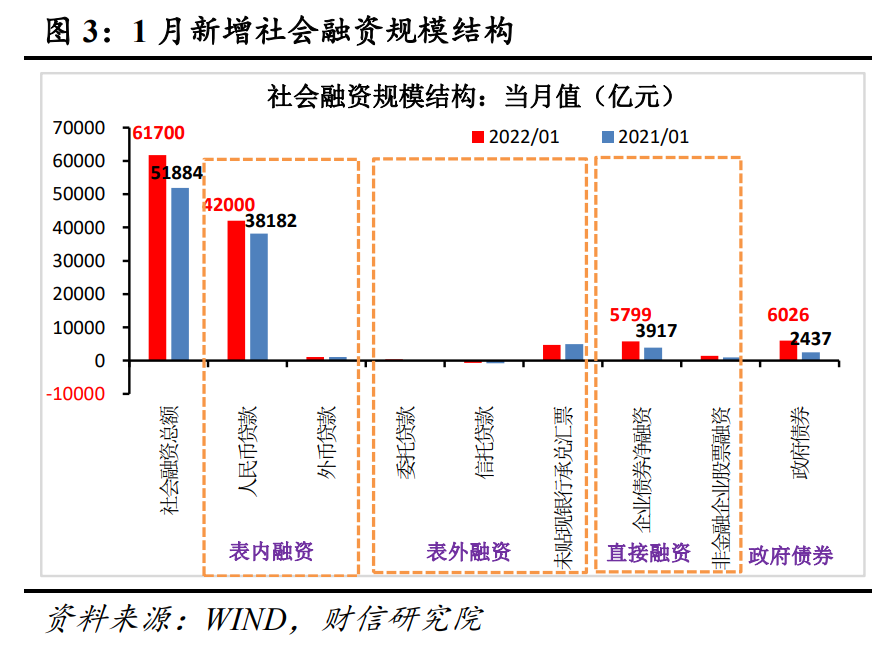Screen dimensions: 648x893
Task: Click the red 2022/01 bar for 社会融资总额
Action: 157,257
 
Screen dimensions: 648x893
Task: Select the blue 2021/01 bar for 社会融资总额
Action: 180,273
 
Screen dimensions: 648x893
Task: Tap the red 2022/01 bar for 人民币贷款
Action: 235,290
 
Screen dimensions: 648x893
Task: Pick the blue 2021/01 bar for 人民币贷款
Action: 258,296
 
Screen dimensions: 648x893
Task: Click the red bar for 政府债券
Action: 788,350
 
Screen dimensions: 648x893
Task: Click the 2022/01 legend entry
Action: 513,137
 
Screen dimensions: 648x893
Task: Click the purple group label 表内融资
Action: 271,551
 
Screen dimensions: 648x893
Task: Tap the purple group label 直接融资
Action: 649,552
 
